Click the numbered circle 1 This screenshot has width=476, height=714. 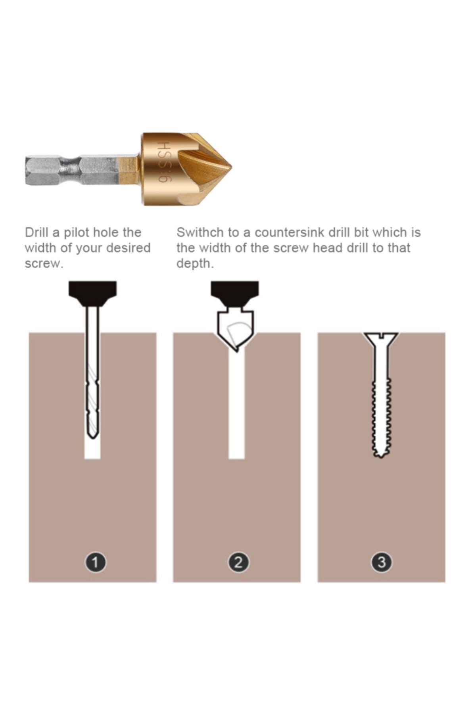(x=96, y=562)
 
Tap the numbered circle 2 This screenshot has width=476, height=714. (x=238, y=562)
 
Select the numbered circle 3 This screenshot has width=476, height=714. (x=382, y=562)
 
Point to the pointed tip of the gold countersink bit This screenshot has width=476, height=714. (x=230, y=168)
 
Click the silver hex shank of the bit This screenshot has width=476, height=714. (x=71, y=171)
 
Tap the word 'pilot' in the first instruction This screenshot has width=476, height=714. (x=76, y=232)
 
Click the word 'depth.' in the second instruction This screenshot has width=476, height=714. (x=195, y=263)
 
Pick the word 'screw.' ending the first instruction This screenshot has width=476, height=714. (x=44, y=263)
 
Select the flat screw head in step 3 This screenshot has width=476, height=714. (x=381, y=337)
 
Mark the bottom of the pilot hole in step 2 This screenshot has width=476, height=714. (x=236, y=456)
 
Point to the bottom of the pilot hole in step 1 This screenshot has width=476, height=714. (x=92, y=456)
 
